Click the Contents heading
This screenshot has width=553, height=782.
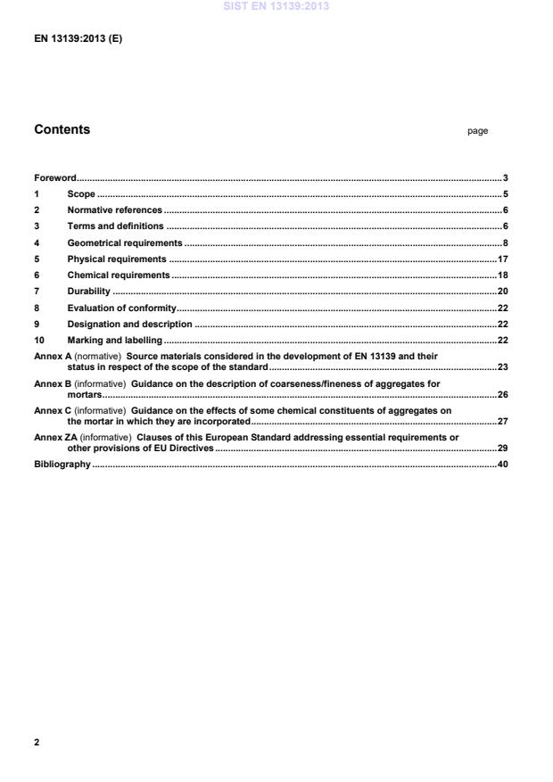62,130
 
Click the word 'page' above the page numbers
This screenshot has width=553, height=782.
477,131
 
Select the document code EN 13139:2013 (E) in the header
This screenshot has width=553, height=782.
78,38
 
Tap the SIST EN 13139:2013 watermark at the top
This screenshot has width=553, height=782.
276,6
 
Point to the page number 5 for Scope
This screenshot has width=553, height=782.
505,194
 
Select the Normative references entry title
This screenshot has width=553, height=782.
115,210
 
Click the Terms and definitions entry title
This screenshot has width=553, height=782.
116,226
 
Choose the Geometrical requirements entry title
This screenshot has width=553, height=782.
125,243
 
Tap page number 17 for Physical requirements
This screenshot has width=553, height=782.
502,259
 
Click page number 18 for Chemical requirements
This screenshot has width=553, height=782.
502,276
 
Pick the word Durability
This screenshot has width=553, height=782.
88,292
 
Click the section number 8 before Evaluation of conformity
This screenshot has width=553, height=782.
37,308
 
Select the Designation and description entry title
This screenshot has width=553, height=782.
129,324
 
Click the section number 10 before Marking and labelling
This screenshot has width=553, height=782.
39,340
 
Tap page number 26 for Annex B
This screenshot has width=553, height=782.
502,394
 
